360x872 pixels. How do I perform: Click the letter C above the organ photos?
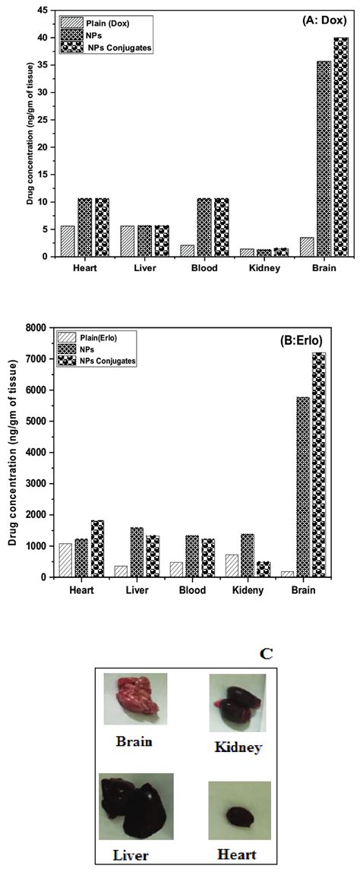pos(267,652)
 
